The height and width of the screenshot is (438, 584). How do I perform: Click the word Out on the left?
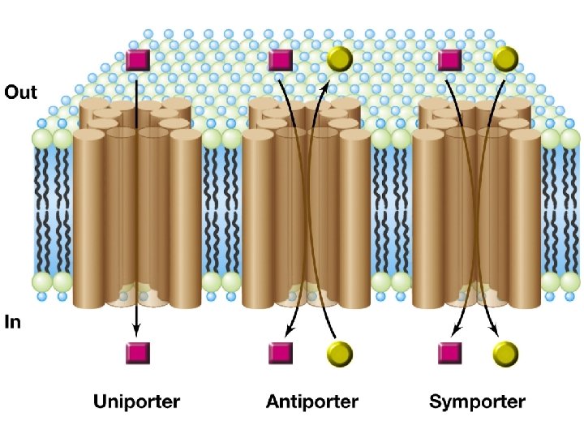(21, 92)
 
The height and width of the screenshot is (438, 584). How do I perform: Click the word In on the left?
(13, 322)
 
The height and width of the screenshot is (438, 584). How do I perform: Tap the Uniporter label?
(136, 401)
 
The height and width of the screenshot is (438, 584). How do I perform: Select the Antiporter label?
(312, 401)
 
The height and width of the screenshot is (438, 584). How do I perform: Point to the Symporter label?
(478, 401)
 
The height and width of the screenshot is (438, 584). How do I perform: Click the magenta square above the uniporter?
(138, 59)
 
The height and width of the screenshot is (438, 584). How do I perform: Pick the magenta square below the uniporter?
(137, 353)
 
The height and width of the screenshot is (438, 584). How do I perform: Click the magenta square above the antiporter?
(280, 59)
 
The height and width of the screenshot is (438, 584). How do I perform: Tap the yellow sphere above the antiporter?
(340, 58)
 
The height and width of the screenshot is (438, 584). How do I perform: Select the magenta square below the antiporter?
(280, 353)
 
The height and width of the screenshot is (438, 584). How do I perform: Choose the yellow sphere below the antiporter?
(340, 353)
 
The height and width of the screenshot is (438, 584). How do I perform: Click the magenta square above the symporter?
(449, 59)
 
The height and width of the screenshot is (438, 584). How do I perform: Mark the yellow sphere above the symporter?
(505, 58)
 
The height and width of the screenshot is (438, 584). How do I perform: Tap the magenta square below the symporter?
(449, 353)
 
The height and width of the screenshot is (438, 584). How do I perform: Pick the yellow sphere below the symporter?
(505, 353)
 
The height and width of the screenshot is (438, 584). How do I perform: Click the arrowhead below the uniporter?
(137, 329)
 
